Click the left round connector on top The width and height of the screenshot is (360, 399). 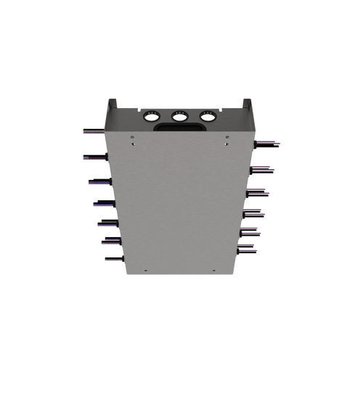point(152,115)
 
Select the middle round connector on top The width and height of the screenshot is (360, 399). point(179,115)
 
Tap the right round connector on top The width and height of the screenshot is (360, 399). point(208,115)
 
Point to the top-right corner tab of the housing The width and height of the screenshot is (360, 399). point(246,103)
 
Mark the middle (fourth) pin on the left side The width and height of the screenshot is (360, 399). point(102,203)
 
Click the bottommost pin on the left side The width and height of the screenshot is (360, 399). point(113,258)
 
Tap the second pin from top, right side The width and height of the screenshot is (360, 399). point(263,168)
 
